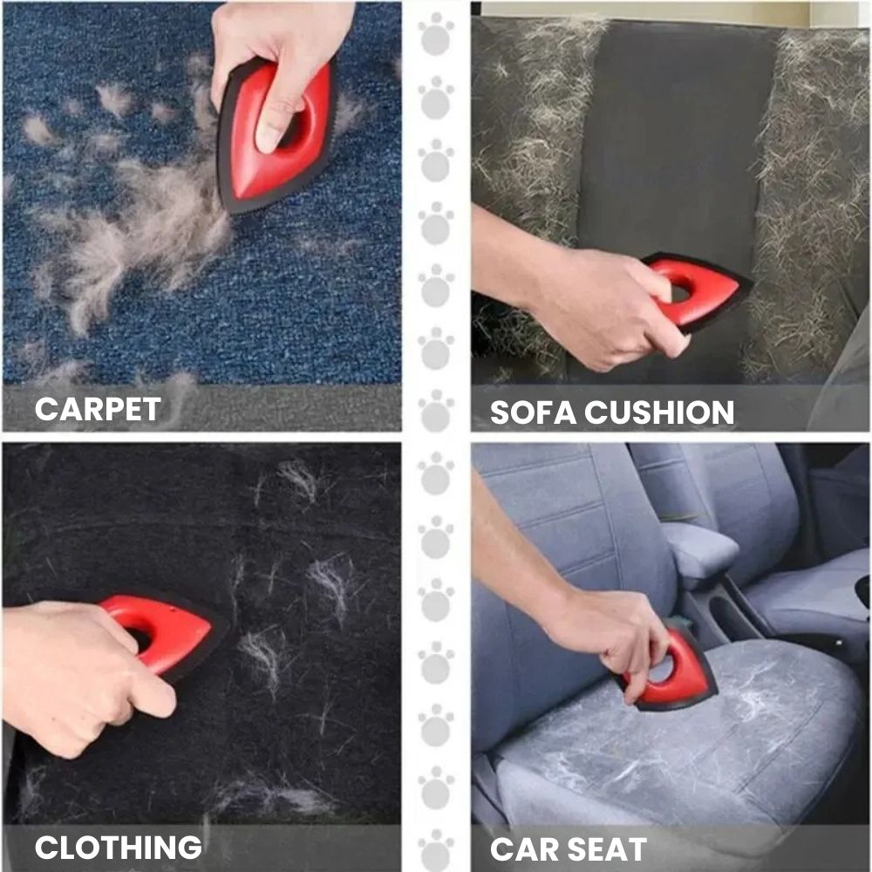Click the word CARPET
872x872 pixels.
pos(98,409)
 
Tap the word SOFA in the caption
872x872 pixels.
pos(533,412)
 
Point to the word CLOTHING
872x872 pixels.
pos(118,848)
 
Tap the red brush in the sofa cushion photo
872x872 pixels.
pos(696,290)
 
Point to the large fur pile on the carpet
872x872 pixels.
pos(150,234)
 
